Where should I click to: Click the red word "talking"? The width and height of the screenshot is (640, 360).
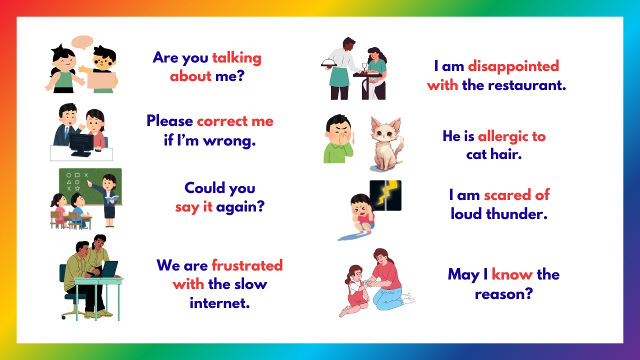pyautogui.click(x=236, y=58)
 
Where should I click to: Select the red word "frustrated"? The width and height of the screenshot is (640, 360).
pyautogui.click(x=247, y=265)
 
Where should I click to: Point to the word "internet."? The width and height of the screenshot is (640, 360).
pyautogui.click(x=219, y=302)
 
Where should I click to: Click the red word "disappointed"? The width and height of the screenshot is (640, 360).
pyautogui.click(x=513, y=66)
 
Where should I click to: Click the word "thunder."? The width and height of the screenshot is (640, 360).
pyautogui.click(x=518, y=214)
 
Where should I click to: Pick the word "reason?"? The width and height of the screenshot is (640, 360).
pyautogui.click(x=503, y=293)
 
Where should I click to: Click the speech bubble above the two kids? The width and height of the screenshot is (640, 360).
pyautogui.click(x=82, y=42)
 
